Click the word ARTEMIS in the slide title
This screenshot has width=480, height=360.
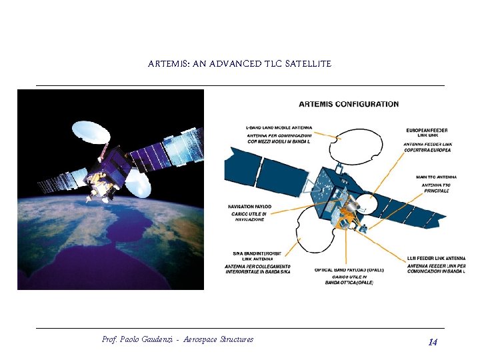tap(169, 64)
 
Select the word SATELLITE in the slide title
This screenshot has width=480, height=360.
tap(308, 64)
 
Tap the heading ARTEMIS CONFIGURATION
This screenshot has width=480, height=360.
tap(349, 104)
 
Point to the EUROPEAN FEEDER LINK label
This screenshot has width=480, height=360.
tap(427, 131)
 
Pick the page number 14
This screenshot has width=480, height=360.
tap(433, 342)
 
